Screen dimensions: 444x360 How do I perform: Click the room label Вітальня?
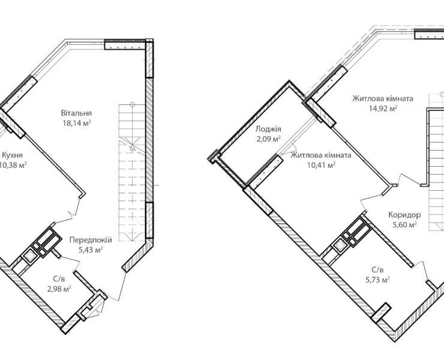pyautogui.click(x=76, y=113)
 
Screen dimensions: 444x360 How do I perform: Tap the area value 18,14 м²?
pyautogui.click(x=76, y=123)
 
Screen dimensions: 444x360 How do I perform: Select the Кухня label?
pyautogui.click(x=12, y=155)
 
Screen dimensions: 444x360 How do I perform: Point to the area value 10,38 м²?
pyautogui.click(x=13, y=165)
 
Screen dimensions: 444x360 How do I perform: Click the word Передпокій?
pyautogui.click(x=91, y=240)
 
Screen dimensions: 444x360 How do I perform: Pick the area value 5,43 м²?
pyautogui.click(x=91, y=250)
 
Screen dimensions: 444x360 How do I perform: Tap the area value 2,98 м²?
pyautogui.click(x=59, y=289)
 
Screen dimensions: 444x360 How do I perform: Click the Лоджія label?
pyautogui.click(x=268, y=129)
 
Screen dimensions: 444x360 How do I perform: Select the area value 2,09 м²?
pyautogui.click(x=268, y=139)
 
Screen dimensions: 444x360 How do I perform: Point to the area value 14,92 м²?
pyautogui.click(x=383, y=109)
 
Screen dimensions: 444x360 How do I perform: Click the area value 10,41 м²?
pyautogui.click(x=322, y=165)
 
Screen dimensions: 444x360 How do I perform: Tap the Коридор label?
pyautogui.click(x=404, y=215)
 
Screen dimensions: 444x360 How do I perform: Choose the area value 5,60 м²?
pyautogui.click(x=404, y=225)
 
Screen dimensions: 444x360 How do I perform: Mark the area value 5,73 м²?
pyautogui.click(x=377, y=280)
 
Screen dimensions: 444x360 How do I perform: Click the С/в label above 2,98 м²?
pyautogui.click(x=59, y=279)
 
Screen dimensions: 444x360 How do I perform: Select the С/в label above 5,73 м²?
pyautogui.click(x=377, y=270)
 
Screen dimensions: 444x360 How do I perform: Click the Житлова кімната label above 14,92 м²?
pyautogui.click(x=383, y=99)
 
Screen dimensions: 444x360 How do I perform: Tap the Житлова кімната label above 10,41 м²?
pyautogui.click(x=322, y=155)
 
